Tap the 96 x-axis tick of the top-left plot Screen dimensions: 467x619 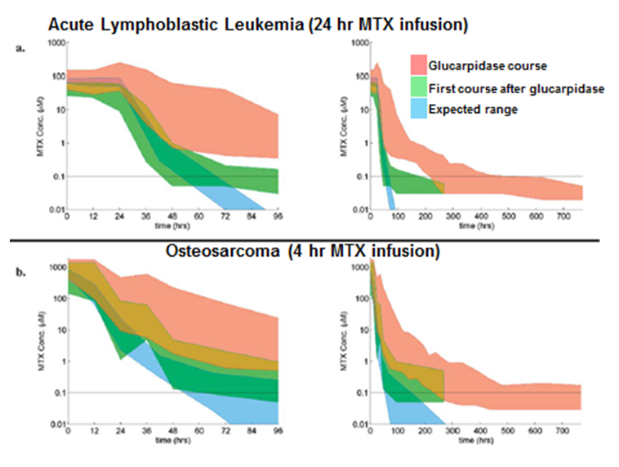278,216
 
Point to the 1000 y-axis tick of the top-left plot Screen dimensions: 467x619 54,43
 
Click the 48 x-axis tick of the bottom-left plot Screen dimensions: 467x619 172,430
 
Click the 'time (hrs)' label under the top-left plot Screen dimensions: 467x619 173,225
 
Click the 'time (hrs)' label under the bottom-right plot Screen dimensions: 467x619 477,439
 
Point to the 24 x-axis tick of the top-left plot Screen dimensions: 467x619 120,216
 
